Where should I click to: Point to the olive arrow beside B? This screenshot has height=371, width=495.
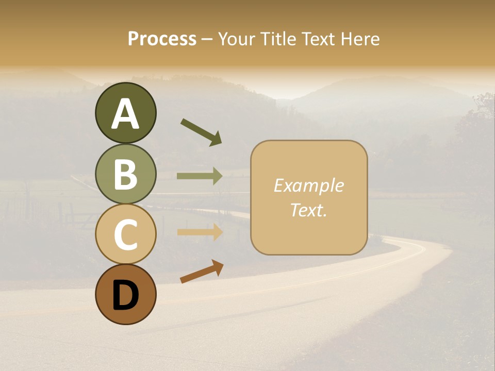pos(200,176)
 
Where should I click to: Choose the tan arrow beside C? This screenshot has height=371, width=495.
pos(200,232)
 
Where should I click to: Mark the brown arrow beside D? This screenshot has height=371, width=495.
pos(202,272)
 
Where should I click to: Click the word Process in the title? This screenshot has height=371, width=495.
pos(162,39)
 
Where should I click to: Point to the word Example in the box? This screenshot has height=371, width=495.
pos(308,185)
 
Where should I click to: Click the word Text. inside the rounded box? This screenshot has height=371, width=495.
pos(308,210)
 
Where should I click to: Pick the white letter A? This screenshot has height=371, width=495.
pos(125,114)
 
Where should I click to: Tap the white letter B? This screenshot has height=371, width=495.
pos(125,174)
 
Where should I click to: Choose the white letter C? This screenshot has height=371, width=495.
pos(125,234)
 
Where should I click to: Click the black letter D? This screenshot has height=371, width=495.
pos(125,295)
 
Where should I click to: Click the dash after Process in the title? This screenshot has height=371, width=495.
pos(207,39)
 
